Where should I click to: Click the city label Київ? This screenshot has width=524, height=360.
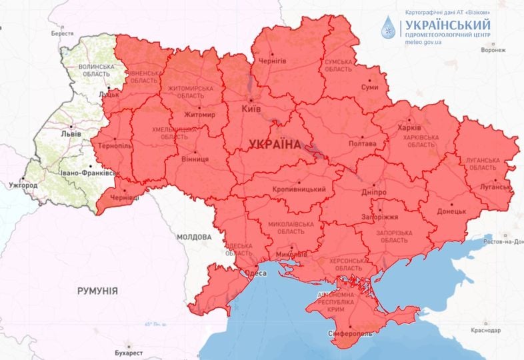251,107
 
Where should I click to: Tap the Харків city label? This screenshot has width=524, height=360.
409,127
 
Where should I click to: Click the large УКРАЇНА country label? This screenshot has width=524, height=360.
273,144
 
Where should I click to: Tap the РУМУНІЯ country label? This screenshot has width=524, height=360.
97,291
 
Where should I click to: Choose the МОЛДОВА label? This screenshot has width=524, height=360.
194,237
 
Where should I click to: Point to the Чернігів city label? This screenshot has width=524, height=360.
273,61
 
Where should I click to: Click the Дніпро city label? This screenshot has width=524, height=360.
373,191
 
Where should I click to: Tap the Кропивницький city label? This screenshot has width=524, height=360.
299,190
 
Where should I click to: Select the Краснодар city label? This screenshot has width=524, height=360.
484,331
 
